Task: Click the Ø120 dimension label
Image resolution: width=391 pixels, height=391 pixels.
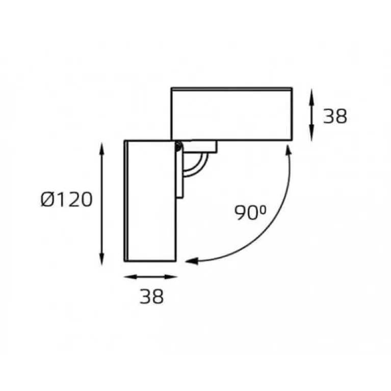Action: [66, 199]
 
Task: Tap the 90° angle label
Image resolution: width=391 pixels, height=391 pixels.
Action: [250, 213]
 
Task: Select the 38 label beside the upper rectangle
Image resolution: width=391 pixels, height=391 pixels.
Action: [335, 116]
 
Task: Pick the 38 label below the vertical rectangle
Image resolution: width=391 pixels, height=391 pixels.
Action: [151, 296]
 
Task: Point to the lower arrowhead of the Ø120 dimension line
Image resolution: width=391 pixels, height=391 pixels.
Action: [101, 258]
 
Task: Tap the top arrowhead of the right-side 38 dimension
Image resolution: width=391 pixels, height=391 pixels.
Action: [311, 95]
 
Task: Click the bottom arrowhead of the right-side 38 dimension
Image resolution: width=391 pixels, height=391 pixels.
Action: [311, 135]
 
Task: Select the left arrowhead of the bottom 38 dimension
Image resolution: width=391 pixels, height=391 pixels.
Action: [130, 276]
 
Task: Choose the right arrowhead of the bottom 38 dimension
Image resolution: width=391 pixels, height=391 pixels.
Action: [171, 276]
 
